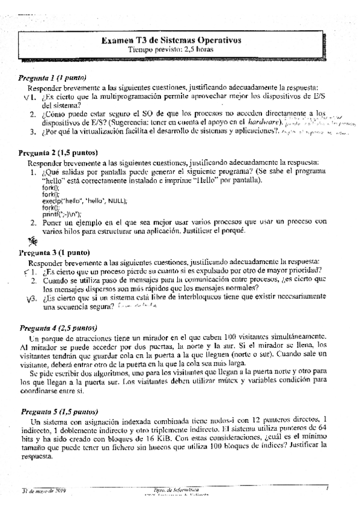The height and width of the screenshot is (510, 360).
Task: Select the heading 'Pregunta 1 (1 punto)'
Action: pyautogui.click(x=52, y=78)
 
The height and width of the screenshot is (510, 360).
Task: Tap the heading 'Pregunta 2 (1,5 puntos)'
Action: pyautogui.click(x=58, y=152)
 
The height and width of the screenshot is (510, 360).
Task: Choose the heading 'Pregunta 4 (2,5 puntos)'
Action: pyautogui.click(x=58, y=328)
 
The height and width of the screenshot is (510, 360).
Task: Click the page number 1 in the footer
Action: pyautogui.click(x=326, y=490)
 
